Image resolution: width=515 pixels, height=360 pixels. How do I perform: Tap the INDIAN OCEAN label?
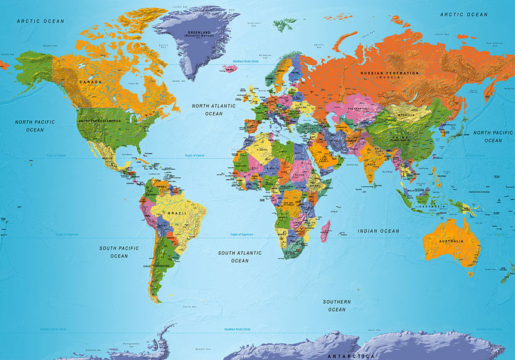378,231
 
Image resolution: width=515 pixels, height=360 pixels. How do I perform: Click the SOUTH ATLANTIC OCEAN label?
240,257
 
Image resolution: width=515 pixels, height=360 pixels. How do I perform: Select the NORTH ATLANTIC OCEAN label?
214,109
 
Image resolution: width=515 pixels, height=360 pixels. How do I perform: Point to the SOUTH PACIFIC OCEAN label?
119,252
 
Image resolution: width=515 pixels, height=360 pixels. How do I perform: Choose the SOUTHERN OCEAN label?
337,306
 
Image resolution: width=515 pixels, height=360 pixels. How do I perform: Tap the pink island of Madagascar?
325,231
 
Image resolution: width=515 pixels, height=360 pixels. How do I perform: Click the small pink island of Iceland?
230,68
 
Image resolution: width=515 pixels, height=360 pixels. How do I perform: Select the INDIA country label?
370,163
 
